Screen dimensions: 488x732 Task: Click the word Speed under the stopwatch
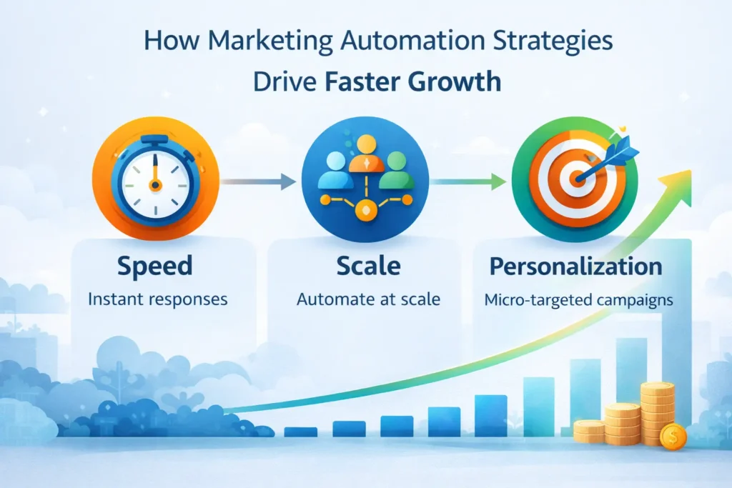click(155, 266)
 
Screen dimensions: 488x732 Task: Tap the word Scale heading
click(368, 266)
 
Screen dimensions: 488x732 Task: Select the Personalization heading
click(575, 266)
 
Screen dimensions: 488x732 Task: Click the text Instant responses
click(157, 299)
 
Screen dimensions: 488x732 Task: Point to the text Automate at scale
click(368, 299)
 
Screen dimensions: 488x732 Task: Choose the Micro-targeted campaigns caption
click(578, 299)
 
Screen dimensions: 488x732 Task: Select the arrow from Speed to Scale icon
click(257, 183)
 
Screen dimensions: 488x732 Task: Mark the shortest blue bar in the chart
click(300, 432)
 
